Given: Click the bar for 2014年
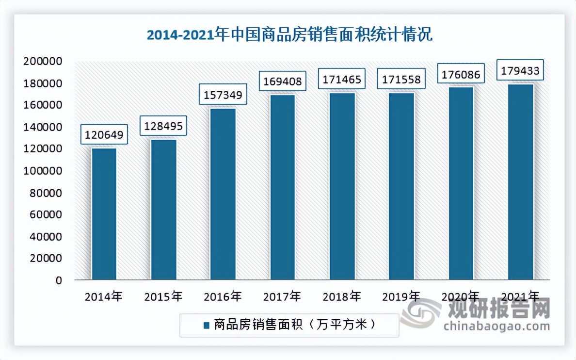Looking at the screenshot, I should [104, 214].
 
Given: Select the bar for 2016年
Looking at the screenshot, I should [223, 194].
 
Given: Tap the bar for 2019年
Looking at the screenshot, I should [401, 186].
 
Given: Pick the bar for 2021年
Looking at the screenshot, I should [521, 182].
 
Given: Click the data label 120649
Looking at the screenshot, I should [104, 134].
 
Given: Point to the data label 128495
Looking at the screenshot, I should [163, 126].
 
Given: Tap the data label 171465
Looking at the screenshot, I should [342, 79].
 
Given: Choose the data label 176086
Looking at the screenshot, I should [461, 74].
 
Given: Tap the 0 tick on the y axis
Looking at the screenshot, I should [59, 280].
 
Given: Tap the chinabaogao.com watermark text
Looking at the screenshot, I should [497, 325].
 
